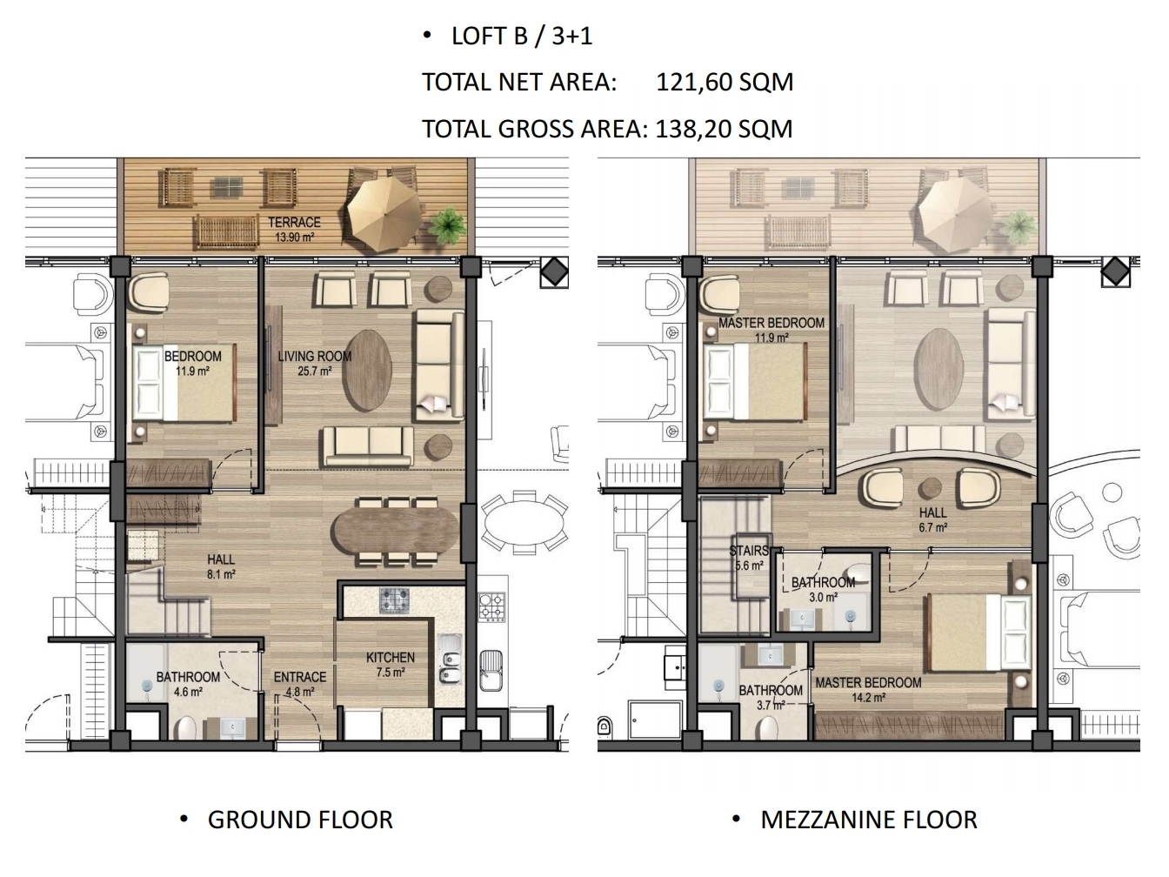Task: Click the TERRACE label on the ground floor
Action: click(x=294, y=222)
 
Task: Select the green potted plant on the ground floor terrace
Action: click(x=448, y=227)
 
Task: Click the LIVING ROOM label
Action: click(x=314, y=356)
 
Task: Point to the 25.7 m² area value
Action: click(x=315, y=372)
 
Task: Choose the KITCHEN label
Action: click(x=391, y=658)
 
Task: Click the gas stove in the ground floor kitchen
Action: click(x=394, y=599)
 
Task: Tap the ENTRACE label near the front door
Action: click(x=300, y=677)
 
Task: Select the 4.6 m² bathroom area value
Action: click(x=188, y=693)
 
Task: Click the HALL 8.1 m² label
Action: click(x=221, y=566)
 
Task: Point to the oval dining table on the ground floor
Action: click(x=395, y=530)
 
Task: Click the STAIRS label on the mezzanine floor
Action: click(x=748, y=551)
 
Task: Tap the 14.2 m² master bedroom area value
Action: click(x=869, y=698)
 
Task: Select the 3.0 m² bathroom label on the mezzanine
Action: click(x=824, y=590)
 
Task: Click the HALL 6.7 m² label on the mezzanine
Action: click(x=933, y=520)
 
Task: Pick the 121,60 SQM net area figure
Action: click(x=725, y=83)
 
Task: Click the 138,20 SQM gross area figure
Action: click(x=724, y=130)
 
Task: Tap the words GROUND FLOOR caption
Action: click(x=300, y=820)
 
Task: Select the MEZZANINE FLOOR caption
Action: click(x=869, y=820)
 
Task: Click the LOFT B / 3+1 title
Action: click(x=522, y=37)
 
